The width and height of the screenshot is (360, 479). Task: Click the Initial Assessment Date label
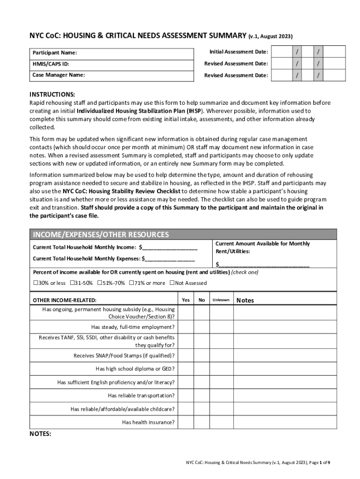pos(238,51)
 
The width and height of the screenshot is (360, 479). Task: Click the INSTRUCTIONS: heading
pos(52,94)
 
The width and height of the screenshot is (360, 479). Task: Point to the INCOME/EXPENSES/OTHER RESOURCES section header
pos(100,234)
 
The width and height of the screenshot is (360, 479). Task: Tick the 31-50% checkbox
pos(72,283)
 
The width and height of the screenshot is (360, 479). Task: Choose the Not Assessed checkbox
pos(172,283)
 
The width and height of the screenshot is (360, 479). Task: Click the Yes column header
pos(186,300)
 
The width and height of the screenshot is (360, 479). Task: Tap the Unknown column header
pos(221,300)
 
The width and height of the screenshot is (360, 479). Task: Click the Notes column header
pos(245,300)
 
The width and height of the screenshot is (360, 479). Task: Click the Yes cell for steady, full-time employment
pos(186,327)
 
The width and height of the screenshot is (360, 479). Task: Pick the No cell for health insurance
pos(202,422)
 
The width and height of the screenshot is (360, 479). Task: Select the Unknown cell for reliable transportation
pos(221,395)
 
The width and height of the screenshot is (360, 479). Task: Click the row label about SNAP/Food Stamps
pos(124,356)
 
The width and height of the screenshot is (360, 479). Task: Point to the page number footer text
pos(257,463)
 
